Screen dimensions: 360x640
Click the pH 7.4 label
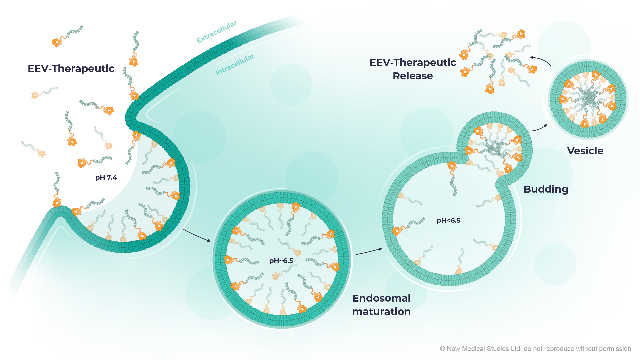tap(106, 177)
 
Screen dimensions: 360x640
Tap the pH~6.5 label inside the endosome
tap(281, 261)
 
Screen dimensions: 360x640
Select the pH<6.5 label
tap(449, 220)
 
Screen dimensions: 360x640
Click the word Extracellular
tap(217, 32)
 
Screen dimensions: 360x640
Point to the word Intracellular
tap(235, 65)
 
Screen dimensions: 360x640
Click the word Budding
tap(546, 189)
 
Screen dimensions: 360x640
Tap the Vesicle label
tap(585, 151)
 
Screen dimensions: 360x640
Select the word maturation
tap(381, 311)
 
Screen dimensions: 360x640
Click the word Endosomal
tap(381, 298)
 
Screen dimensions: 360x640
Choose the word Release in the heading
tap(413, 76)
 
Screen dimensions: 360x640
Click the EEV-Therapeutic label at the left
tap(71, 68)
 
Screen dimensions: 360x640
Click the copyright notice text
tap(535, 349)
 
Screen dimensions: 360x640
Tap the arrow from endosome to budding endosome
tap(369, 251)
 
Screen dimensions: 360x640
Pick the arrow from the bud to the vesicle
tap(539, 128)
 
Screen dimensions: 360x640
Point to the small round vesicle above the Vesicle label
tap(588, 99)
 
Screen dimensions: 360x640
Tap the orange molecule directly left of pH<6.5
tap(397, 231)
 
